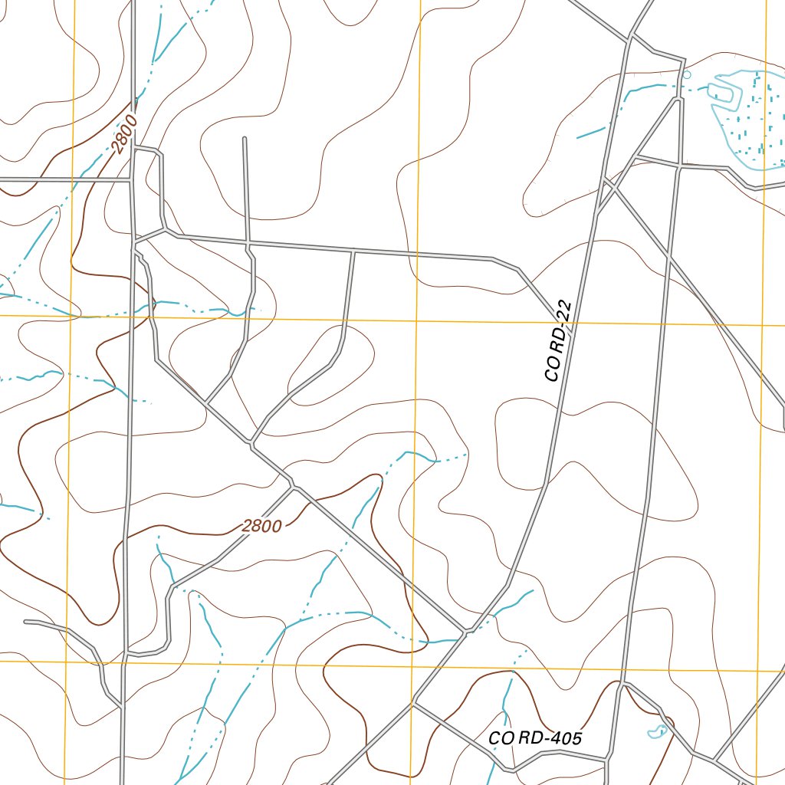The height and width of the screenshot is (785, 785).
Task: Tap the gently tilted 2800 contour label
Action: tap(262, 526)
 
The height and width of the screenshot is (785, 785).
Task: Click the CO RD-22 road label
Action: tap(557, 341)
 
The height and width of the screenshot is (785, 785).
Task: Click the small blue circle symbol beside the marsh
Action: tap(686, 75)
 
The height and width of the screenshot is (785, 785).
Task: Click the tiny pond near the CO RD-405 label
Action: tap(657, 732)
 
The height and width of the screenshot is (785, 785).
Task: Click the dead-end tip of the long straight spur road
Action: tap(244, 139)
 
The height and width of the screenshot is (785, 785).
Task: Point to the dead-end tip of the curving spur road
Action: tap(26, 622)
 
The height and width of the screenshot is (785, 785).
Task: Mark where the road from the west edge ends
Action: tap(130, 180)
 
